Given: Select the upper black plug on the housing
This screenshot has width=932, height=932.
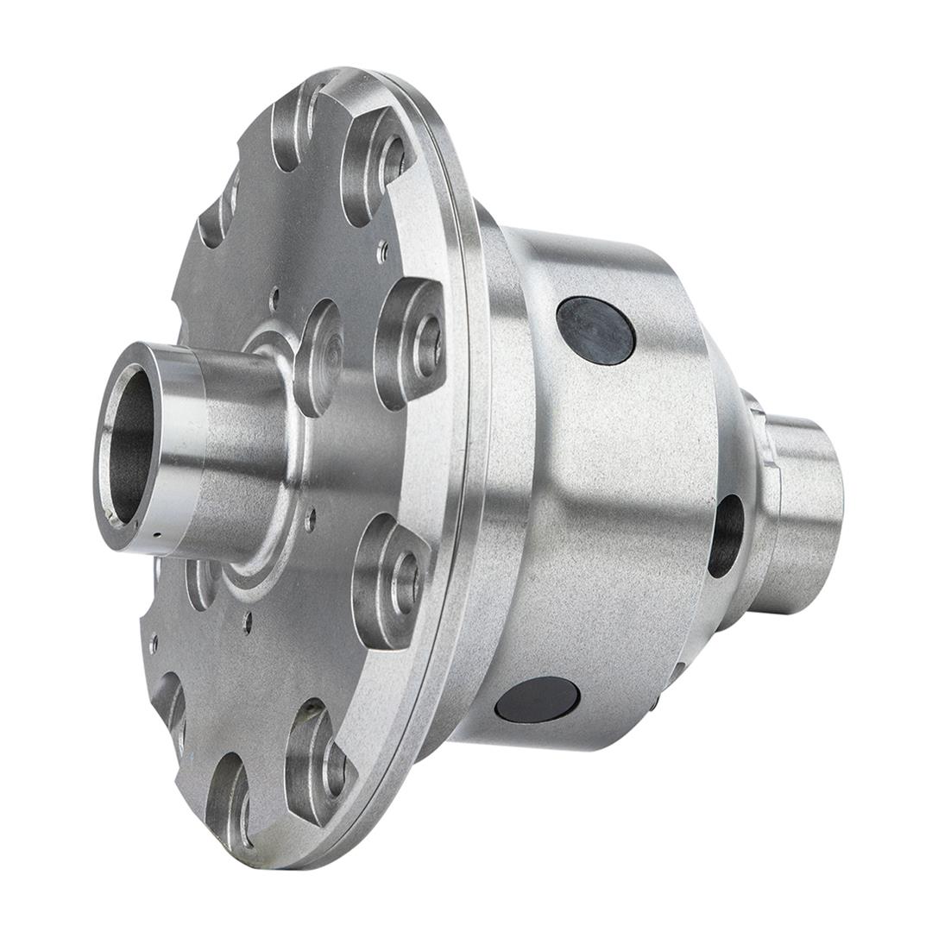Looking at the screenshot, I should point(595,331).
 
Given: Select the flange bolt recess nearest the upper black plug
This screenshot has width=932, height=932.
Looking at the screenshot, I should point(412,342).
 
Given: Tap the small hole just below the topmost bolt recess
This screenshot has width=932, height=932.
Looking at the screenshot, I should point(383,251).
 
